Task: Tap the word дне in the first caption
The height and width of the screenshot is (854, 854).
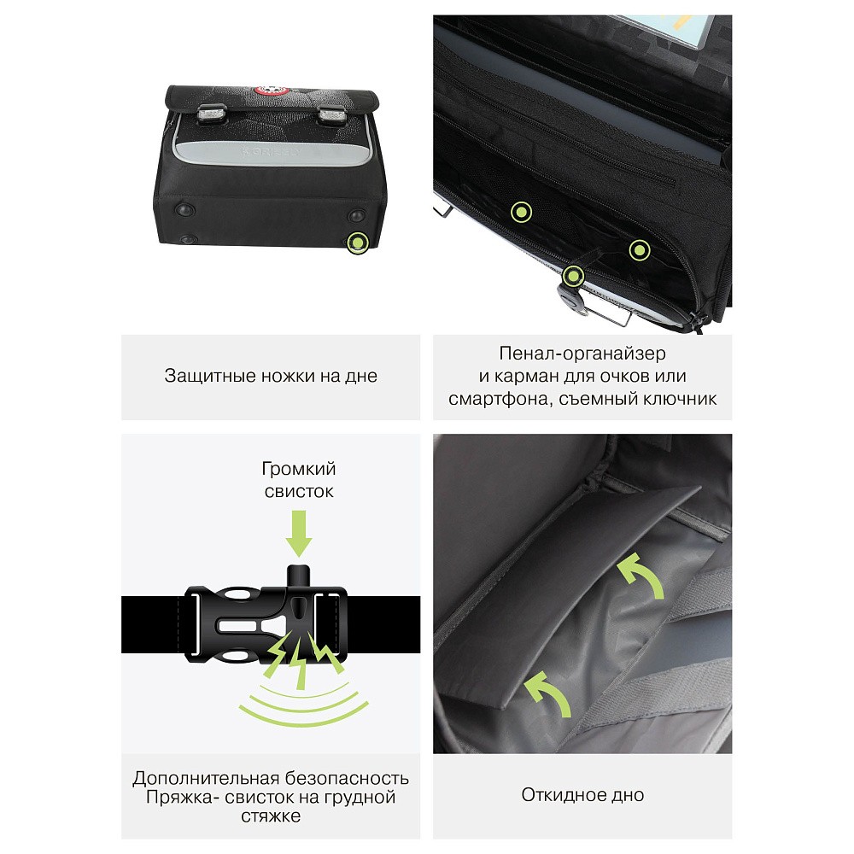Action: tap(361, 377)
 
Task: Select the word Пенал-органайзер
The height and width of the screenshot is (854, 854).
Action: tap(582, 354)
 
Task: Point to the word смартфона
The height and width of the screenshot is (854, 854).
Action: tap(494, 399)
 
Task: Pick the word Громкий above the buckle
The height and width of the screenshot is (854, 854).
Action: tap(298, 469)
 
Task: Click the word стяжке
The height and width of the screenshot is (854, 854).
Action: tap(271, 816)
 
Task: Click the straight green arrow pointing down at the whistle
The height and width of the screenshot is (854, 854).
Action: tap(298, 533)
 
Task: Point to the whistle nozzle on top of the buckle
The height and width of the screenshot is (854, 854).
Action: tap(298, 577)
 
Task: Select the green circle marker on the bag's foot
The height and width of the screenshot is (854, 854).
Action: tap(357, 242)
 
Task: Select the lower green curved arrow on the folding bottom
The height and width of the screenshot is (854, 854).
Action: tap(548, 693)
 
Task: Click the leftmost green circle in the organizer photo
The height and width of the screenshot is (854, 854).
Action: tap(521, 212)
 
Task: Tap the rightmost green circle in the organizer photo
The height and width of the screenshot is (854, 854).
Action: tap(640, 250)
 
